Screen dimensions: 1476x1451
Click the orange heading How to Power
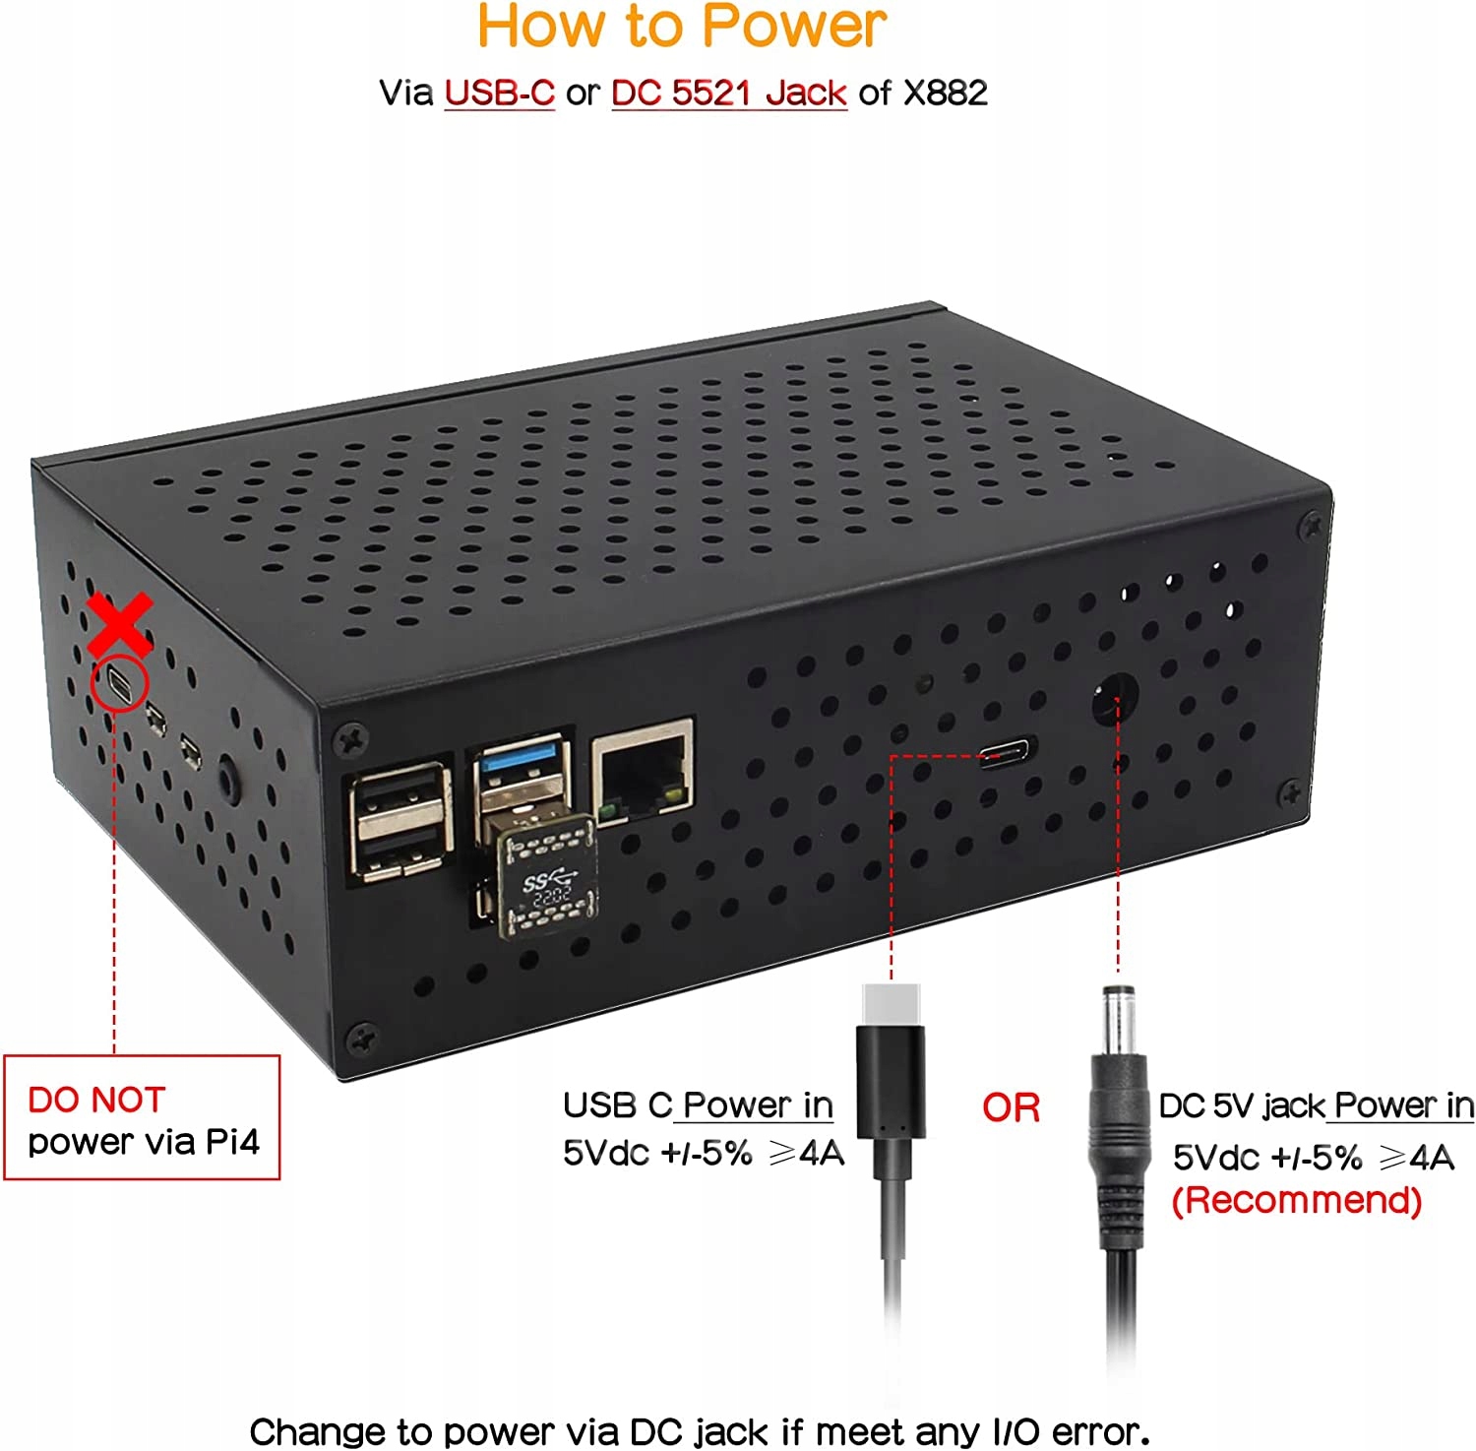coord(682,27)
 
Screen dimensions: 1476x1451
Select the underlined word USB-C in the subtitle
coord(499,93)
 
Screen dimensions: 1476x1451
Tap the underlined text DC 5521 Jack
coord(728,93)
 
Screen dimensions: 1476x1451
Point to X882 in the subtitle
coord(945,93)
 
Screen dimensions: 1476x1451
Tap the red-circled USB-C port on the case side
coord(119,683)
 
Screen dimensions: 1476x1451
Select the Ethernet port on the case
coord(643,769)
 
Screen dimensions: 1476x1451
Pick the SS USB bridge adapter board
coord(547,878)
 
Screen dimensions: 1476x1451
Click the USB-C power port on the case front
coord(1005,755)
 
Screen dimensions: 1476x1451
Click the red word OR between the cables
coord(1011,1108)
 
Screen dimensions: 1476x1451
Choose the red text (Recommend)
coord(1296,1201)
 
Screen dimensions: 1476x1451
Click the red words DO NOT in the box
coord(96,1100)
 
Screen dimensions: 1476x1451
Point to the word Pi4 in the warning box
coord(232,1142)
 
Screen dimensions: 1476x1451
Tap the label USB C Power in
coord(698,1105)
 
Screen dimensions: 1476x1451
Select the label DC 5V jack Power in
coord(1316,1106)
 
